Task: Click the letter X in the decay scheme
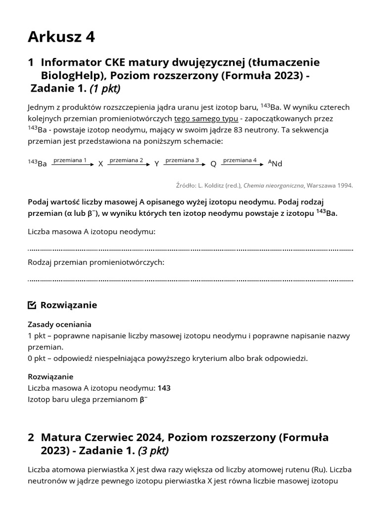pos(100,164)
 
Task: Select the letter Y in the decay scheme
pos(156,164)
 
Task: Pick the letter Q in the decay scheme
pos(213,164)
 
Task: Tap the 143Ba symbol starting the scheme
pos(38,163)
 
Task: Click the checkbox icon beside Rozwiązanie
pos(32,305)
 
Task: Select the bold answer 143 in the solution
pos(164,388)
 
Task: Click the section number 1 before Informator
pos(31,62)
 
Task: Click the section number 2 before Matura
pos(31,438)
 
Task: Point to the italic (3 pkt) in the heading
pos(153,451)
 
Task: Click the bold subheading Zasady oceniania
pos(59,324)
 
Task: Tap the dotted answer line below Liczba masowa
pos(190,250)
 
